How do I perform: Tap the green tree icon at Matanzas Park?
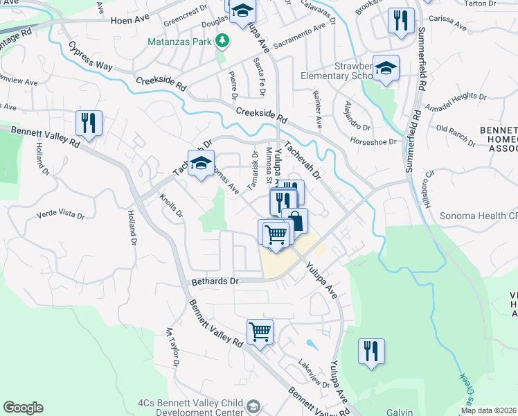coord(222,42)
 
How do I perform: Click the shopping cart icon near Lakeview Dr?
coord(260,332)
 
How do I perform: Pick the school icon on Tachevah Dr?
coord(201,164)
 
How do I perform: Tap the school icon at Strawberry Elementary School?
coord(386,69)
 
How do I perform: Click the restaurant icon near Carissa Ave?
coord(401,21)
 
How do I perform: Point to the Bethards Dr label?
coord(215,281)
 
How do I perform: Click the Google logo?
coord(23,408)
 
